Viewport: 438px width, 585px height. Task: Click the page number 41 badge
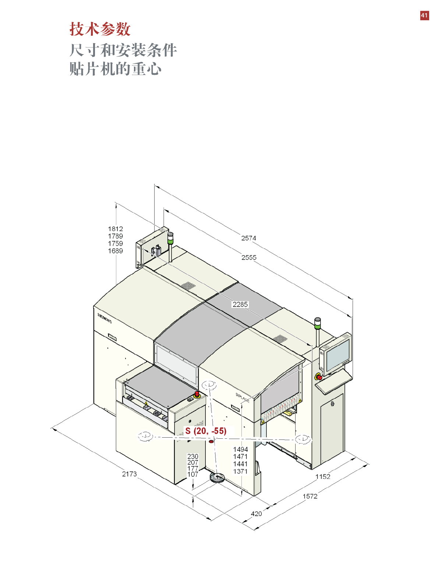[424, 15]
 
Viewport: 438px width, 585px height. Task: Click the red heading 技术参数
[100, 29]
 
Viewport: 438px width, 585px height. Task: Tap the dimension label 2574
[248, 238]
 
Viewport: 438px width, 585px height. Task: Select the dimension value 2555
[249, 258]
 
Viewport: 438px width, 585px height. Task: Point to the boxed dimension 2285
[240, 304]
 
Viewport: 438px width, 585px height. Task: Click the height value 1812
[115, 229]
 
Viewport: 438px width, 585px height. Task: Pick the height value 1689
[115, 251]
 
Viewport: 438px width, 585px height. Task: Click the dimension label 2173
[129, 474]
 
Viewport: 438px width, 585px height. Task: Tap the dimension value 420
[256, 514]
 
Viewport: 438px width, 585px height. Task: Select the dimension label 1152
[323, 477]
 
